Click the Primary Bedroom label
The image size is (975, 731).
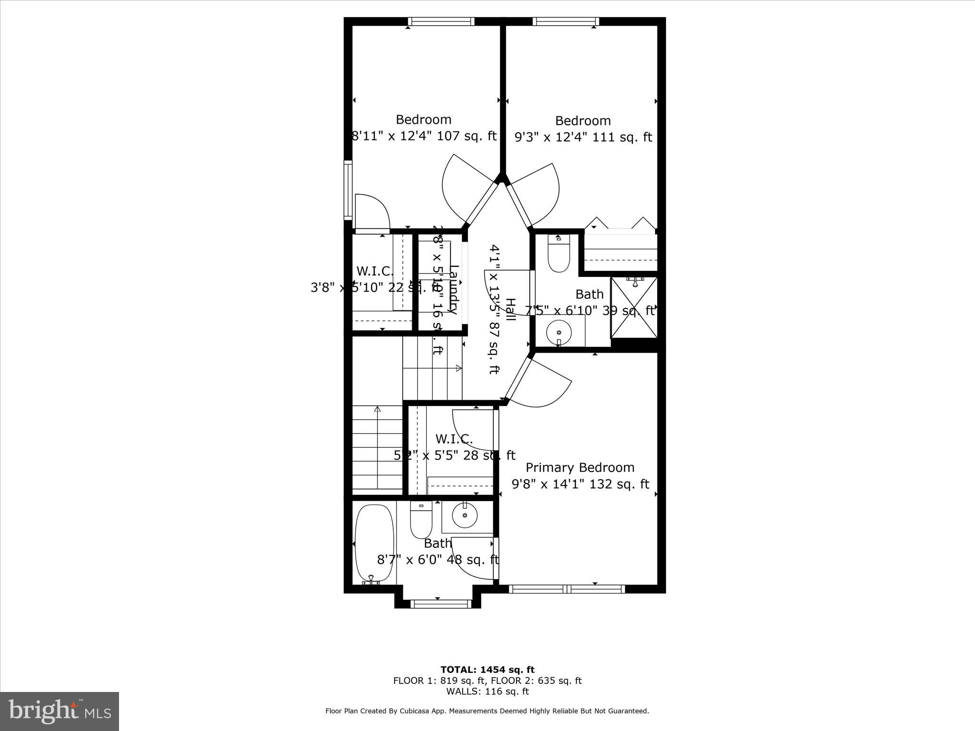(x=580, y=467)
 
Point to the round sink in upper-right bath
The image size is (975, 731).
(x=559, y=331)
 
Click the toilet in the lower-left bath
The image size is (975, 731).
(x=421, y=520)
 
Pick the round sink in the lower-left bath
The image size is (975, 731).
(x=465, y=516)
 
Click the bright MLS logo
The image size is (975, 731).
(x=60, y=711)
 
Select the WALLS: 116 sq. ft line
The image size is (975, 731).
(x=487, y=691)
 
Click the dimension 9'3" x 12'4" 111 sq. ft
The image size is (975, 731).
(x=583, y=137)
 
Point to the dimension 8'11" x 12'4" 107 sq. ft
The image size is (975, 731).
(x=424, y=136)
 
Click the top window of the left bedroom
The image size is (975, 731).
(x=441, y=21)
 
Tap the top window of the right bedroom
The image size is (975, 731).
(x=566, y=21)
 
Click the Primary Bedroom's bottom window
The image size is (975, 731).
(x=567, y=589)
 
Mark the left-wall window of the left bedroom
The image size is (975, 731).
(x=348, y=190)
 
